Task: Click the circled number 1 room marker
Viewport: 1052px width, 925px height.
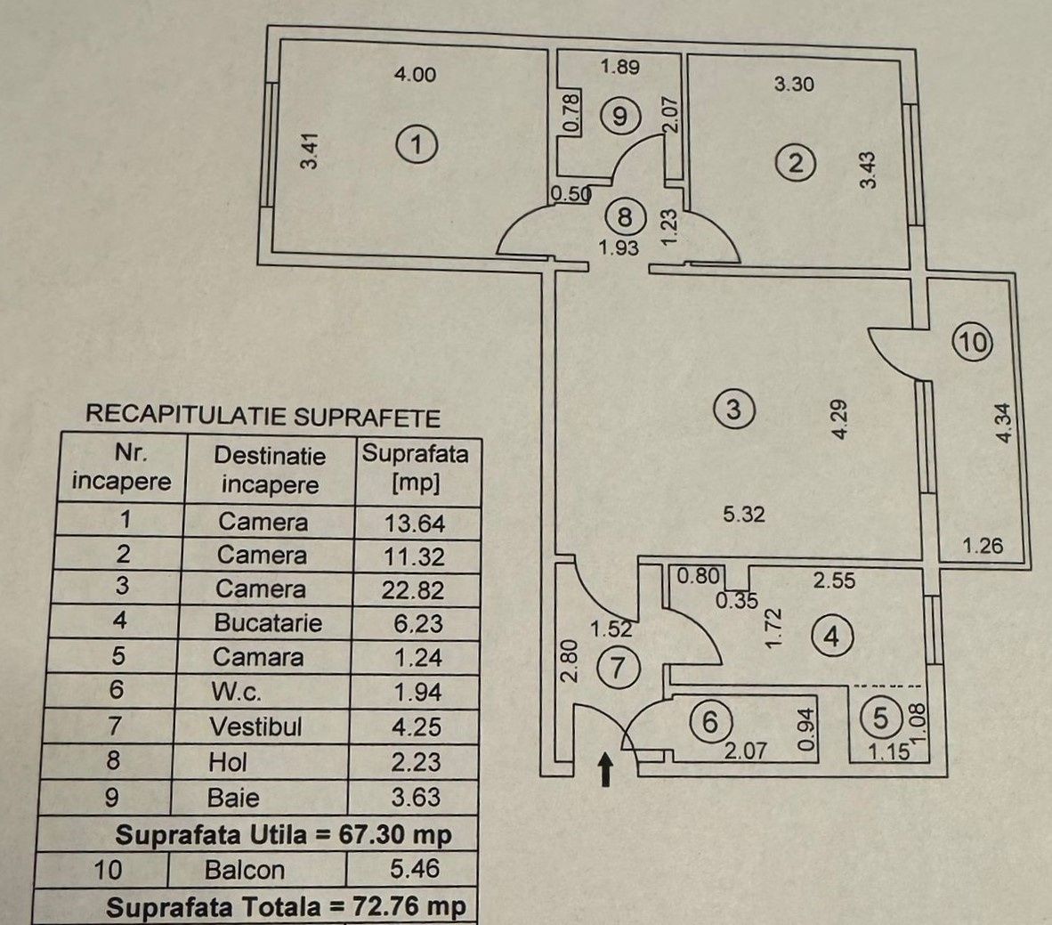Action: pos(417,144)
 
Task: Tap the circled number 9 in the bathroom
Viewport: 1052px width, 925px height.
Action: pos(620,116)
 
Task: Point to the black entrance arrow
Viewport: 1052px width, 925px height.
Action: pos(606,768)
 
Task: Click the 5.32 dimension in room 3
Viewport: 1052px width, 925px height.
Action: pos(744,515)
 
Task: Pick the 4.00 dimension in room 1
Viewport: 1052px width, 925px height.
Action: pos(415,74)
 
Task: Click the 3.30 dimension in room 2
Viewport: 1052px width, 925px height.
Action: pos(794,84)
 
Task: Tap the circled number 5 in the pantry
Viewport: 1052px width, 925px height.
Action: pos(880,719)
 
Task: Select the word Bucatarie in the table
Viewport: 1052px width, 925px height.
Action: pos(268,623)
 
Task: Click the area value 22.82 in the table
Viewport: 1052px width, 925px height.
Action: pos(413,590)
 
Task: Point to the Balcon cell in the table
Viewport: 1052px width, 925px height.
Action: pos(244,870)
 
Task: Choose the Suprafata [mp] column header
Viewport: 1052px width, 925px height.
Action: pos(416,468)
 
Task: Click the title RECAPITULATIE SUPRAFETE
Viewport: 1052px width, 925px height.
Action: pos(263,416)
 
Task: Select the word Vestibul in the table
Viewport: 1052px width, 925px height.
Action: pos(255,726)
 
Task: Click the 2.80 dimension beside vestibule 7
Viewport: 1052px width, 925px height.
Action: pos(569,661)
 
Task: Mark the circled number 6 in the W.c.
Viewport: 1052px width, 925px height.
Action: pos(709,722)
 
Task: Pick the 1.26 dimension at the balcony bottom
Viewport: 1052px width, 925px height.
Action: pos(983,545)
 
